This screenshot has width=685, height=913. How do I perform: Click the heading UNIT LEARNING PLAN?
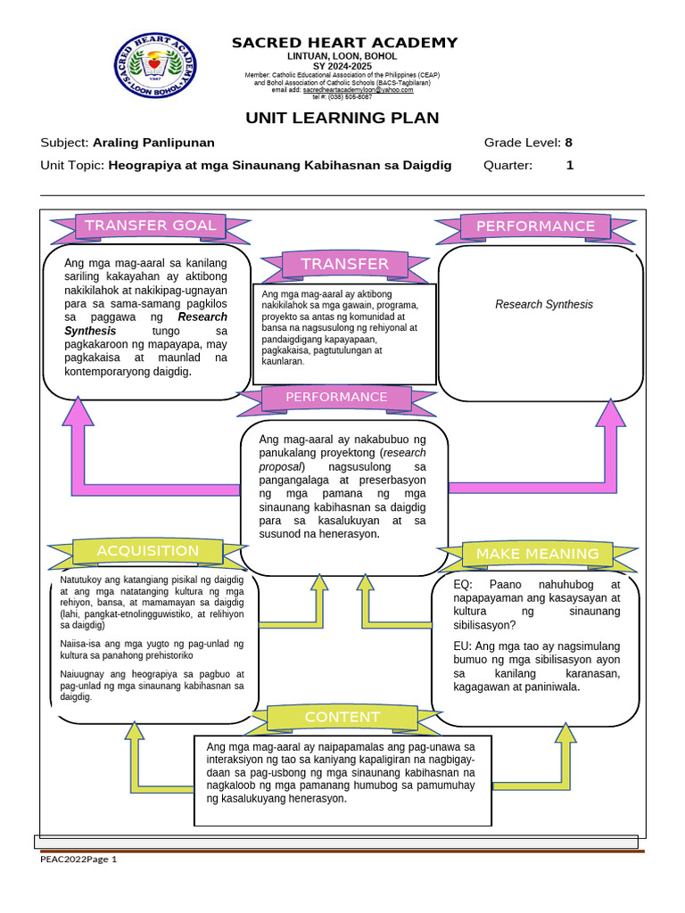[342, 119]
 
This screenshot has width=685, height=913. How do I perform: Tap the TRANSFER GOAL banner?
[150, 226]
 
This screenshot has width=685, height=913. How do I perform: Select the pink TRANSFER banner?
[344, 264]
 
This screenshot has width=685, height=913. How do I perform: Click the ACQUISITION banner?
[147, 551]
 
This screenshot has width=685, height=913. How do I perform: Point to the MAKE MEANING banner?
[537, 554]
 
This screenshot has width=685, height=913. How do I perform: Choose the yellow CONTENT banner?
[342, 717]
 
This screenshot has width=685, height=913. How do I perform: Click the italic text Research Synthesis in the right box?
[543, 305]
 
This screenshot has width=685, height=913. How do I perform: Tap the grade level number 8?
[568, 143]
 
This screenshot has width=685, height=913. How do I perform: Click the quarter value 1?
[570, 165]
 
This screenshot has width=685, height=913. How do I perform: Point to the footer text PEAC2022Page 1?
[78, 860]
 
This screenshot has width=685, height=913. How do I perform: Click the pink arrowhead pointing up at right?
[611, 414]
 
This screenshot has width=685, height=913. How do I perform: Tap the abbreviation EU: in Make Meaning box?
[466, 646]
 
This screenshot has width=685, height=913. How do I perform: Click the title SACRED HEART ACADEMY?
[344, 43]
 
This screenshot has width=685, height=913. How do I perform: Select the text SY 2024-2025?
[342, 65]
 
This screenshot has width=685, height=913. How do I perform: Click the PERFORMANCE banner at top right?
[534, 226]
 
